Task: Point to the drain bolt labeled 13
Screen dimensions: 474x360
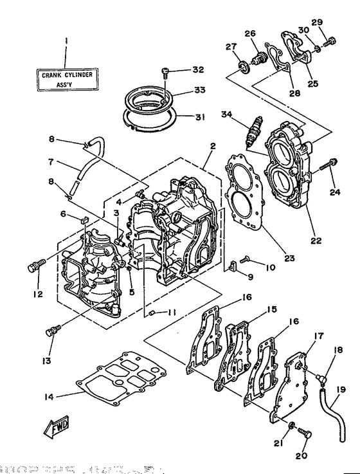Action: point(51,331)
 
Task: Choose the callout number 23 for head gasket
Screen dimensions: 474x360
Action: point(289,259)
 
